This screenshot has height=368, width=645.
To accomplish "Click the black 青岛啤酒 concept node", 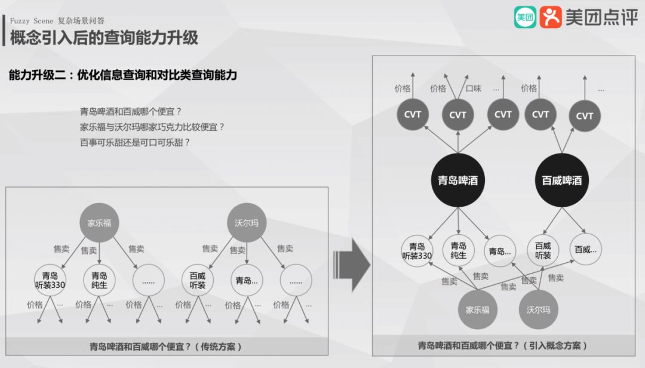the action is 458,180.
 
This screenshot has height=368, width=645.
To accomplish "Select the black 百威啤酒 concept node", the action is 561,180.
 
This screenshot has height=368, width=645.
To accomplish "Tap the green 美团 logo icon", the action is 525,17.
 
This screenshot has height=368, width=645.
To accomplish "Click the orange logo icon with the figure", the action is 551,17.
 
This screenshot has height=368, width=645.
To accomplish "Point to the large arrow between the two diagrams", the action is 352,262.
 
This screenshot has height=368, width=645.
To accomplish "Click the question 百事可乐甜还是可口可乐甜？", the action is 134,143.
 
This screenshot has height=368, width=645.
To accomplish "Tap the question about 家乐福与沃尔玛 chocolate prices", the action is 152,127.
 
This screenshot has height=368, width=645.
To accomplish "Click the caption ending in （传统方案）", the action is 166,346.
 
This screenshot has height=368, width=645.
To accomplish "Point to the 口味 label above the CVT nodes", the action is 474,88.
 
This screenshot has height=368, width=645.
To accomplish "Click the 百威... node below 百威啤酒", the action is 586,250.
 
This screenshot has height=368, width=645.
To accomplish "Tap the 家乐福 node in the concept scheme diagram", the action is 478,309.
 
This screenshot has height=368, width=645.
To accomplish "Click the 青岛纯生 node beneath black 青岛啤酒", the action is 459,250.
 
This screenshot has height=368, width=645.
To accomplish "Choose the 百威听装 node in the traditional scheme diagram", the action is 198,281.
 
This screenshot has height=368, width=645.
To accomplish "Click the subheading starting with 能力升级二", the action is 123,75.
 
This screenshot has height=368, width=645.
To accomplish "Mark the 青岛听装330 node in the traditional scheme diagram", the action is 50,281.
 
